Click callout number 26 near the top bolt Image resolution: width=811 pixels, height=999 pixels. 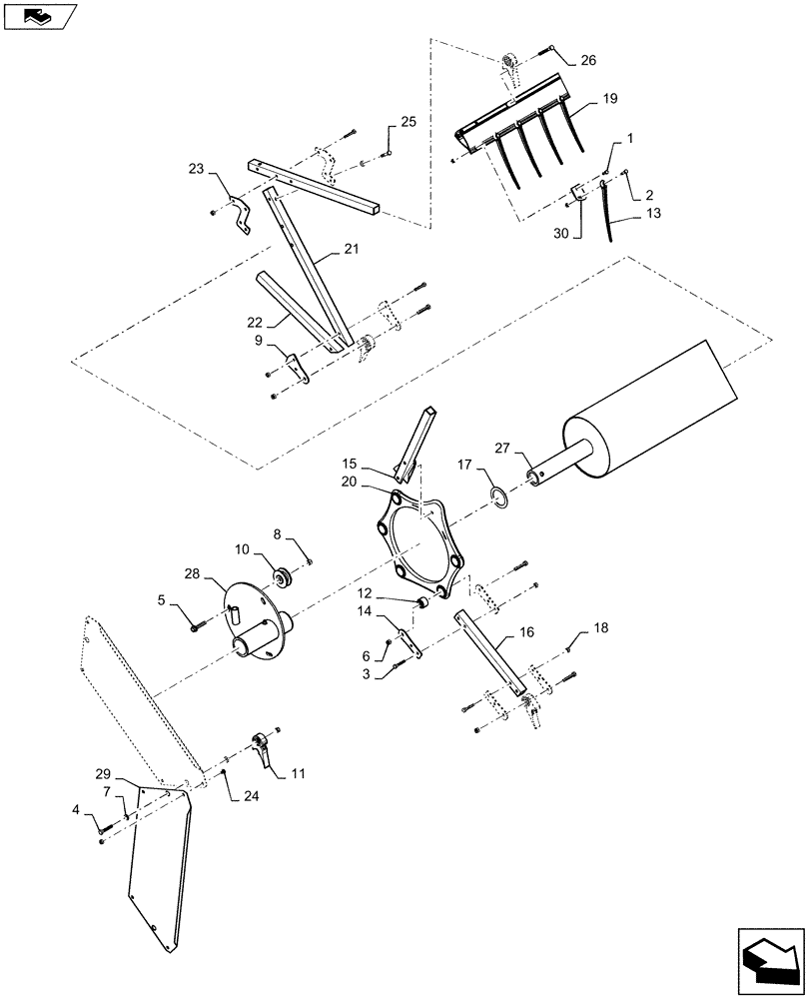[587, 60]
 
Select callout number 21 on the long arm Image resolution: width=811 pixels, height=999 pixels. [350, 248]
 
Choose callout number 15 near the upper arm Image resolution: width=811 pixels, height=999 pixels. [349, 464]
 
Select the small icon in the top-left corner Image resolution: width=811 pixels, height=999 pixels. [38, 15]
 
